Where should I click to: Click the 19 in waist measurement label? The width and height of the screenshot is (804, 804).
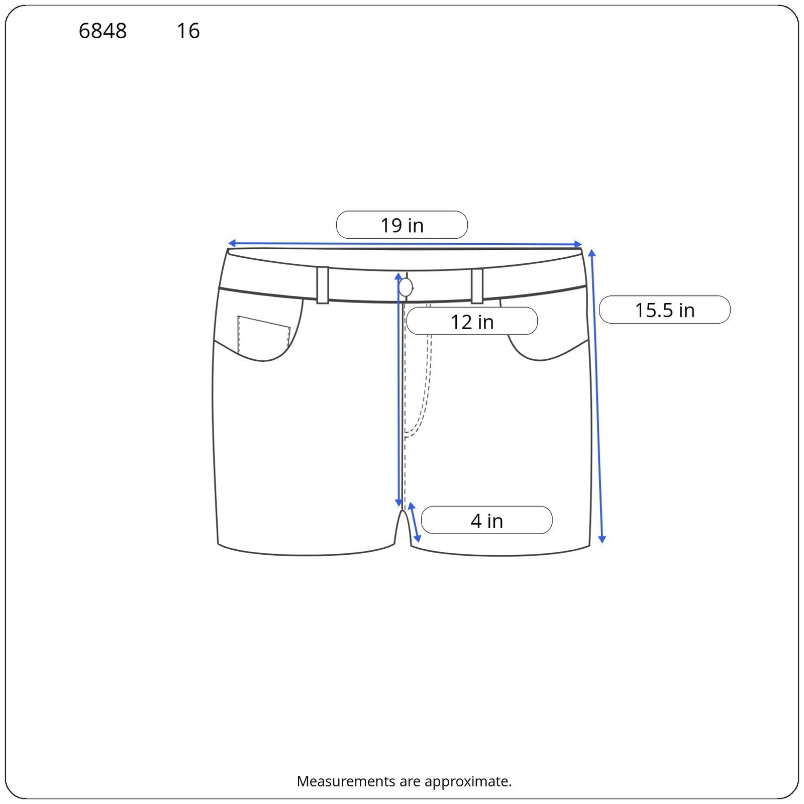(401, 225)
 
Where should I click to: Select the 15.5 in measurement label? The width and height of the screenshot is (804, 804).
(664, 310)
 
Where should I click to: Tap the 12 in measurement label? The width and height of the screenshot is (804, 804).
(472, 321)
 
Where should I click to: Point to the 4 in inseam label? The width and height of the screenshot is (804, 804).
(486, 520)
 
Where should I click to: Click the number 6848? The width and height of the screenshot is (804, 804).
(103, 31)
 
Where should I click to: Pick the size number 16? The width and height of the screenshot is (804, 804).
(188, 31)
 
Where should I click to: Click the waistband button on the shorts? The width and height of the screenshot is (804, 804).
(406, 287)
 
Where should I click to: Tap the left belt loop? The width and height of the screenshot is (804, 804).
(323, 285)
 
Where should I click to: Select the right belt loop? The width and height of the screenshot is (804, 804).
(477, 286)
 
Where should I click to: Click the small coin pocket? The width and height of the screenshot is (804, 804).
(263, 334)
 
